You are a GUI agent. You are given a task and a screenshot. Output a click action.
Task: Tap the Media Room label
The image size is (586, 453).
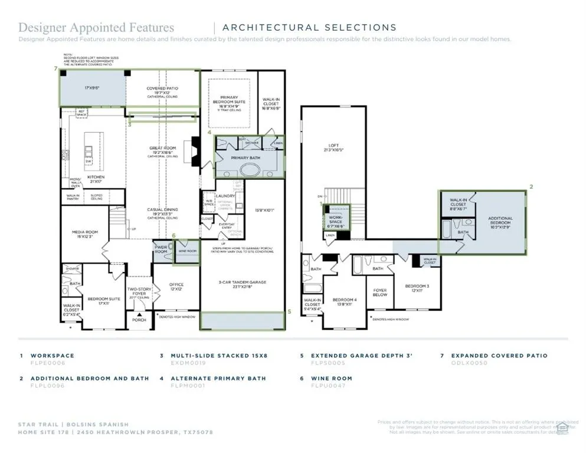(x=85, y=234)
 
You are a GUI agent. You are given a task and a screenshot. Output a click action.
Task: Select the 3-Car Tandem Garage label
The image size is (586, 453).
(x=243, y=284)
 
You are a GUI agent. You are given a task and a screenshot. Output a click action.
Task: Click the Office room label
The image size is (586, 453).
(x=176, y=287)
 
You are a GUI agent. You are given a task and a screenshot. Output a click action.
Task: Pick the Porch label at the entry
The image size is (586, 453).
(x=139, y=320)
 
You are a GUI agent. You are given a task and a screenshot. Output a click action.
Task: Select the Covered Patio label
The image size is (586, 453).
(x=162, y=90)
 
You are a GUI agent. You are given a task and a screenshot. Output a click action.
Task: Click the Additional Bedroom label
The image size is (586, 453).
(x=500, y=221)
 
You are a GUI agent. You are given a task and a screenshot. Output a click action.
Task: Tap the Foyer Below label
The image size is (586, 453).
(x=380, y=293)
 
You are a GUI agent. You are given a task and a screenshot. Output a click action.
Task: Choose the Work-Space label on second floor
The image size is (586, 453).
(x=335, y=219)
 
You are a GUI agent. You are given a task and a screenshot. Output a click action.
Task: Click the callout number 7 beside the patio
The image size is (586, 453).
(x=55, y=69)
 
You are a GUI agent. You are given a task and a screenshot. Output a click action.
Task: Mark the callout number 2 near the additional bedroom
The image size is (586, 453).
(x=531, y=186)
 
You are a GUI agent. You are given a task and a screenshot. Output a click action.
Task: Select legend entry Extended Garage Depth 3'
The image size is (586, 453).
(x=361, y=356)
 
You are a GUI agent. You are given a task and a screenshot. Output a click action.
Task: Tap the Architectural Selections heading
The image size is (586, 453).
(x=309, y=27)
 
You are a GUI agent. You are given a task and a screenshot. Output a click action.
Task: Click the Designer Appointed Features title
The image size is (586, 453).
(x=96, y=27)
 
